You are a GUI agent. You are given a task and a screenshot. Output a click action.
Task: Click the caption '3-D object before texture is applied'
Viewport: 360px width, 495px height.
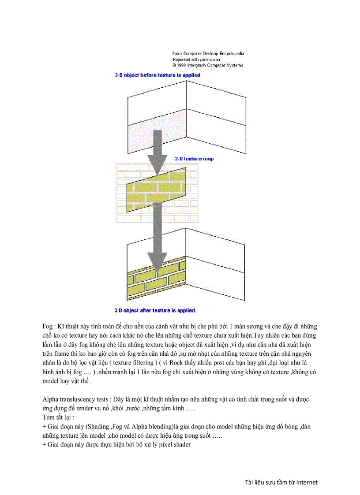157,75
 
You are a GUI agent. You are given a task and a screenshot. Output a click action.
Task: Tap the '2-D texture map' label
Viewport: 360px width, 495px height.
194,159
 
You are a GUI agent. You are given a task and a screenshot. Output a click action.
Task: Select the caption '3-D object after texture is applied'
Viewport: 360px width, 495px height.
155,310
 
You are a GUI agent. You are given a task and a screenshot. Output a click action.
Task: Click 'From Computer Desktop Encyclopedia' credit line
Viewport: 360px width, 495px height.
208,53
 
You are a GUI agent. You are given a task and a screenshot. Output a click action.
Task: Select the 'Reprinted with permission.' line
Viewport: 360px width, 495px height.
196,59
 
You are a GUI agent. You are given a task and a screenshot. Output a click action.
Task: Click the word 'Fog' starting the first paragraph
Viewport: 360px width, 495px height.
47,327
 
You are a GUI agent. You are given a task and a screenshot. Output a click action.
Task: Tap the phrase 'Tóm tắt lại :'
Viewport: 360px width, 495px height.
58,417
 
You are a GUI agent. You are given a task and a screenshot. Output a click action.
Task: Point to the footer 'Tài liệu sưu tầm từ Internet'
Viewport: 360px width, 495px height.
281,482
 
